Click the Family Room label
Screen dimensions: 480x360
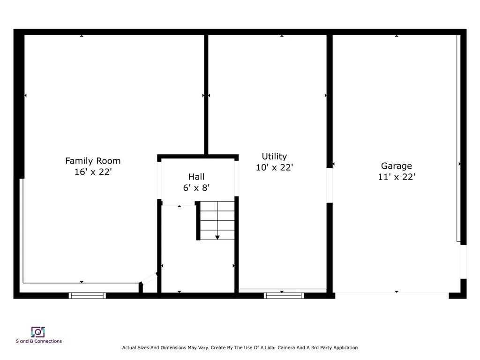click(x=93, y=161)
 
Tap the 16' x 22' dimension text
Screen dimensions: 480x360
click(x=93, y=172)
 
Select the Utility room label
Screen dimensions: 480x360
click(x=274, y=157)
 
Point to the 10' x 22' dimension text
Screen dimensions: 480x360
click(x=274, y=167)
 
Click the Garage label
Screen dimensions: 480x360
click(x=397, y=166)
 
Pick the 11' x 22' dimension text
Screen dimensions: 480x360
click(x=397, y=177)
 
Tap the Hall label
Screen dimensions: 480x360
click(x=196, y=177)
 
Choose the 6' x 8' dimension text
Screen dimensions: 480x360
click(x=196, y=187)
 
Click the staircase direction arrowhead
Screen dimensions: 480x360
click(x=217, y=238)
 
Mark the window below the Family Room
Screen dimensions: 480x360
click(x=87, y=296)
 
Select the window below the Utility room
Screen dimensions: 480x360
click(x=284, y=296)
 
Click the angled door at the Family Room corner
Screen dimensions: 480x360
click(x=149, y=278)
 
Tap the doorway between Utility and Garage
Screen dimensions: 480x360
click(x=330, y=185)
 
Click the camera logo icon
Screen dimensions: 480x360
click(x=38, y=332)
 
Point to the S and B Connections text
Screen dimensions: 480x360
click(x=39, y=341)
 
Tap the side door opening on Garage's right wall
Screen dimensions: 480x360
click(x=464, y=262)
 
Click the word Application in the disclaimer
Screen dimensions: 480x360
click(x=345, y=348)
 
